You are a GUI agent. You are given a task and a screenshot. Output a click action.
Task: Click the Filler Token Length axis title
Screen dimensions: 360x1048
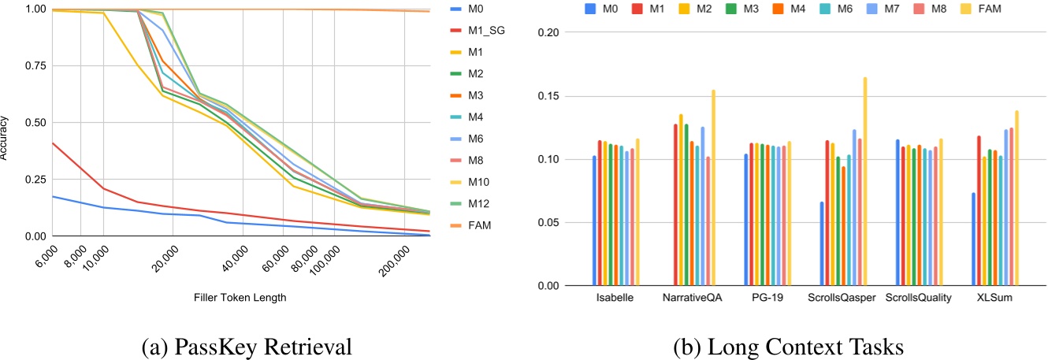tap(240, 299)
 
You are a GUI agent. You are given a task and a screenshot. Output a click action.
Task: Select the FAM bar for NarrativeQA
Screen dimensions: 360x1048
tap(713, 187)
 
